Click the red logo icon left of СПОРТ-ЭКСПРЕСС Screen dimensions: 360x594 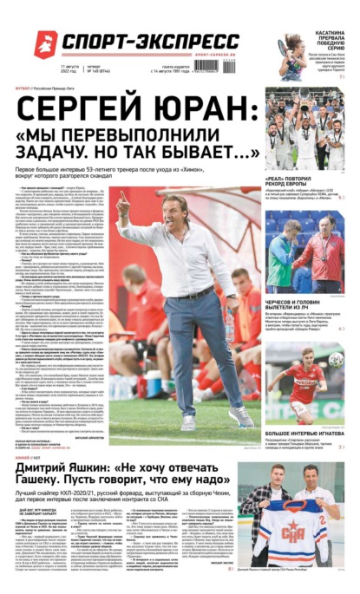tap(44, 40)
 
